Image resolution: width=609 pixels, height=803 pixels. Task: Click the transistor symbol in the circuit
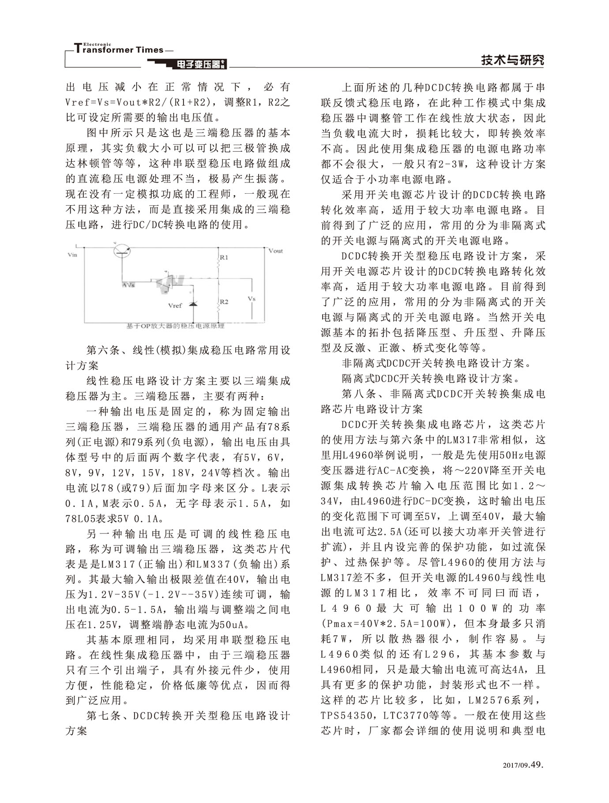click(x=122, y=251)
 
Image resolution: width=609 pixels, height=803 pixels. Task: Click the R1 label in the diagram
click(x=224, y=257)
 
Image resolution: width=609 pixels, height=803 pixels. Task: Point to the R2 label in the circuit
click(x=224, y=302)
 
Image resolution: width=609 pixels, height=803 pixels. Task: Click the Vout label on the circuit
click(x=275, y=251)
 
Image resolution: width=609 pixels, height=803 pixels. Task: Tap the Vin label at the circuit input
click(x=72, y=255)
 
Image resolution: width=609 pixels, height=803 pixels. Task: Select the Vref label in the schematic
click(x=175, y=305)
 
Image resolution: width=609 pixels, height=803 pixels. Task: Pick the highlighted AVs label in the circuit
click(x=128, y=285)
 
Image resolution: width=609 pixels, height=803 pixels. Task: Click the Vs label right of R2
click(x=251, y=299)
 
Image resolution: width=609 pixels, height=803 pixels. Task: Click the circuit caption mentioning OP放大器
click(x=175, y=326)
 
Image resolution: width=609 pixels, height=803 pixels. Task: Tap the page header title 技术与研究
click(x=512, y=60)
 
